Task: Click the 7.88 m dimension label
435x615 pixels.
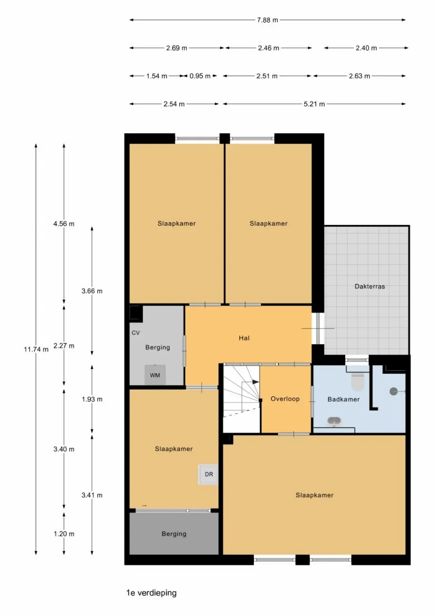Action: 267,20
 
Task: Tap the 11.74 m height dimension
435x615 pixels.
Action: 36,349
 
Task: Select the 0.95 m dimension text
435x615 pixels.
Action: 200,76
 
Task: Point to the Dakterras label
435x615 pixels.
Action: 370,287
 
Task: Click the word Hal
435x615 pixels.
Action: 244,338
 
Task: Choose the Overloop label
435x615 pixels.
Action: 285,399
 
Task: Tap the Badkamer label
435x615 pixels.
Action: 343,399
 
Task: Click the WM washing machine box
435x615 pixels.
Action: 155,375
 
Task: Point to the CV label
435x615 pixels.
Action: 135,333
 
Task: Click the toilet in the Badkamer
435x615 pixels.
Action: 358,381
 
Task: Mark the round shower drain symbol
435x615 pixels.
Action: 393,392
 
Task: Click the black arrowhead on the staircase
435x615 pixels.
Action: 256,382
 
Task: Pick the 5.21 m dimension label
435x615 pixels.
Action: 314,104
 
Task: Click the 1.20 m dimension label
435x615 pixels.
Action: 64,534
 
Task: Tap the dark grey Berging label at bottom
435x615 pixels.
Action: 174,534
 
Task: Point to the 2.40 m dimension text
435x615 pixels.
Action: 366,48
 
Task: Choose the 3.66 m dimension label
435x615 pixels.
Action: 92,291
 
